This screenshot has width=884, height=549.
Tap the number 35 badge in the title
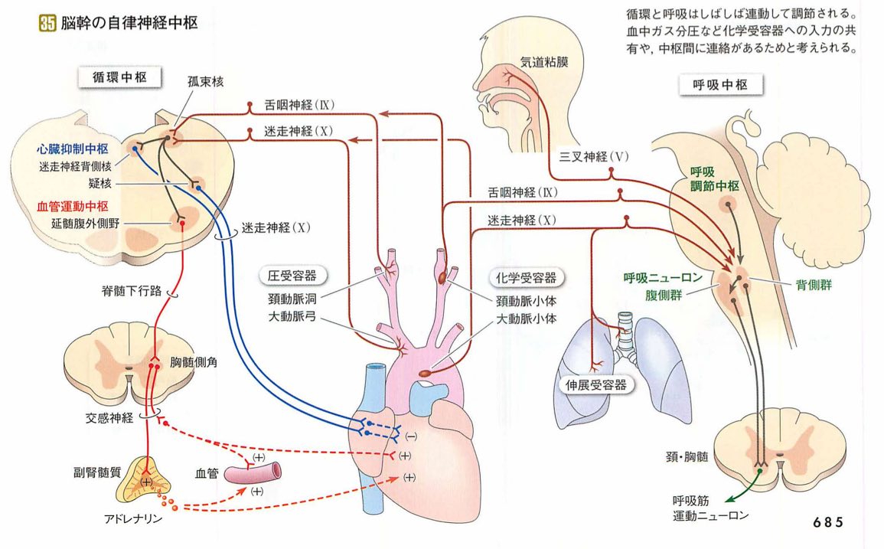47,24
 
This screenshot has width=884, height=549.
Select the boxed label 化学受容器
524,276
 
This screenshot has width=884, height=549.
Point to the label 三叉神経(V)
594,157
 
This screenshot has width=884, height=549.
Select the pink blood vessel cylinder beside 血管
257,472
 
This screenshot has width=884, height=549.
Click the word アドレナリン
133,518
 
